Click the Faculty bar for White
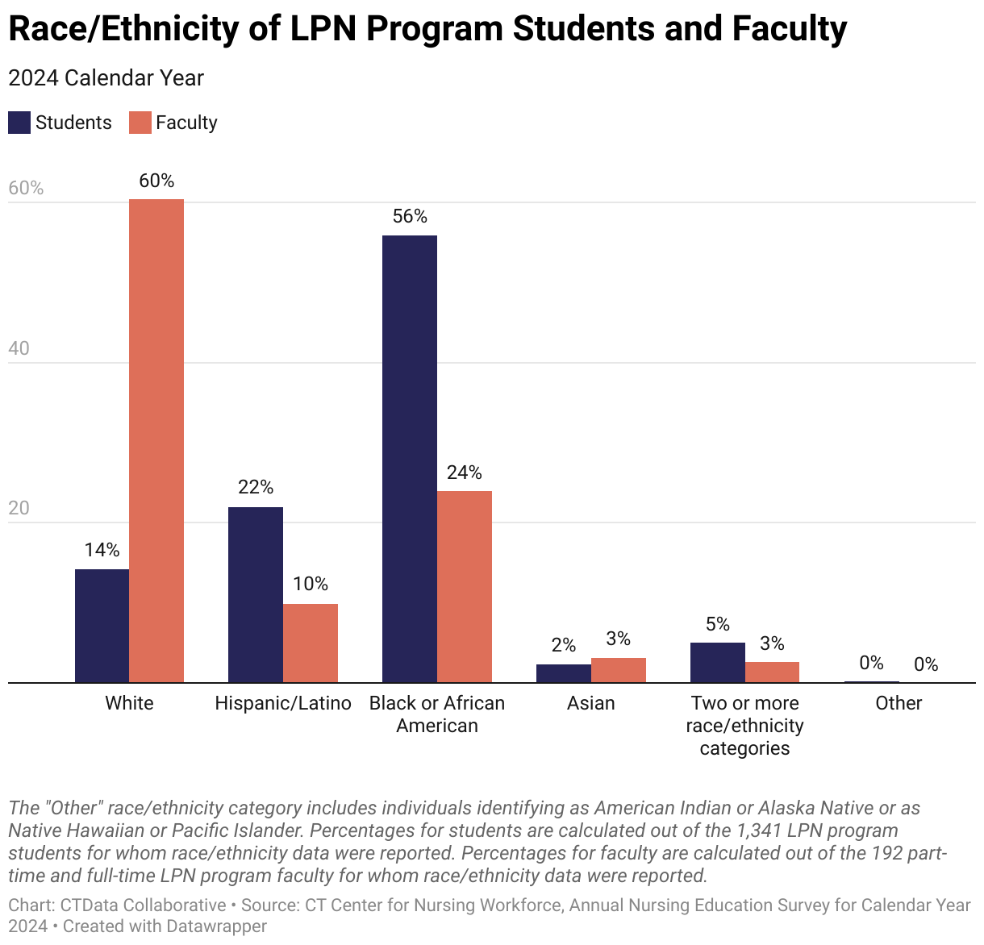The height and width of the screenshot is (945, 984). pyautogui.click(x=156, y=440)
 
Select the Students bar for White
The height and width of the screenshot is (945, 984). pyautogui.click(x=102, y=626)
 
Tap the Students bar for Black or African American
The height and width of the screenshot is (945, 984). pyautogui.click(x=410, y=459)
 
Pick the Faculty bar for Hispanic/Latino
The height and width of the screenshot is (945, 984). pyautogui.click(x=311, y=643)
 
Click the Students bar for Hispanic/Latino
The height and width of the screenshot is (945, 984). pyautogui.click(x=256, y=594)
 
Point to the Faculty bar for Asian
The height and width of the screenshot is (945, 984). pyautogui.click(x=619, y=670)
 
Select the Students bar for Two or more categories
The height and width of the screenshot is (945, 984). pyautogui.click(x=718, y=662)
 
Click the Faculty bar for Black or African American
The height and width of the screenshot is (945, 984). pyautogui.click(x=465, y=586)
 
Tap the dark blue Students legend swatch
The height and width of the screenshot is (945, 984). pyautogui.click(x=19, y=123)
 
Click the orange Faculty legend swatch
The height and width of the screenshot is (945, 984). pyautogui.click(x=140, y=123)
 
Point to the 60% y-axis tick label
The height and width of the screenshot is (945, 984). pyautogui.click(x=26, y=188)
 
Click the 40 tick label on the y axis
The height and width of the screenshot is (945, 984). pyautogui.click(x=19, y=348)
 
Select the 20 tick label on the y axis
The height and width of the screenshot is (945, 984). pyautogui.click(x=19, y=508)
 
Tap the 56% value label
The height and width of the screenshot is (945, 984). pyautogui.click(x=410, y=216)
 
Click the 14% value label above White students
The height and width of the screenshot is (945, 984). pyautogui.click(x=102, y=550)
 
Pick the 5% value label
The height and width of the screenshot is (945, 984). pyautogui.click(x=718, y=624)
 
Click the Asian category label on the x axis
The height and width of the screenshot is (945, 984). pyautogui.click(x=591, y=703)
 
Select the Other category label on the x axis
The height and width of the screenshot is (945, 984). pyautogui.click(x=899, y=703)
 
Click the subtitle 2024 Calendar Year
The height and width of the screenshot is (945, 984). pyautogui.click(x=106, y=78)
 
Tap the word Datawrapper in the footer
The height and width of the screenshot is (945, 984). pyautogui.click(x=216, y=926)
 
